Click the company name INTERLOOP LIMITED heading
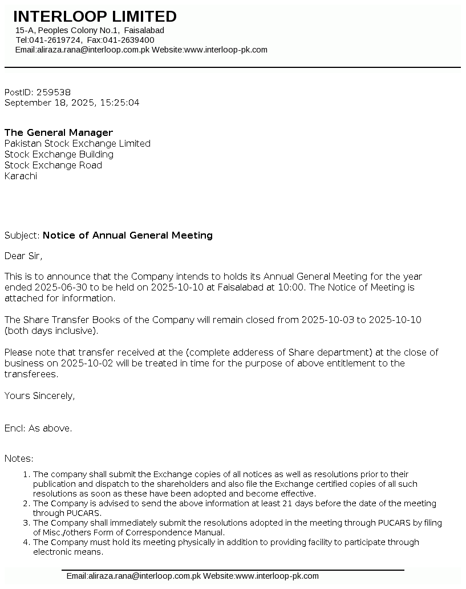[95, 17]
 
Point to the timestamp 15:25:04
[120, 103]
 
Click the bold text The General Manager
[59, 132]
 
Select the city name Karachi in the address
[21, 176]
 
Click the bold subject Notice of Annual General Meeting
[127, 235]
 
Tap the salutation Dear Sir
[23, 255]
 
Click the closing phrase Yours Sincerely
[39, 396]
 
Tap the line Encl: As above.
[38, 428]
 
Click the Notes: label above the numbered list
[19, 458]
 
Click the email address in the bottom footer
[133, 576]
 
